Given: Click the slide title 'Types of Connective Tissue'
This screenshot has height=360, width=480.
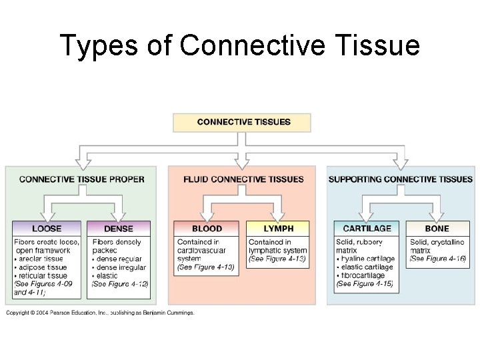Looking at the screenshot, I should click(240, 45).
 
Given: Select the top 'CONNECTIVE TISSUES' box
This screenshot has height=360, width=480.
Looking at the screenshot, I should click(242, 123).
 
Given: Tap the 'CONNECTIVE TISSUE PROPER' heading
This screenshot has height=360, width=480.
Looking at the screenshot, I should click(82, 179).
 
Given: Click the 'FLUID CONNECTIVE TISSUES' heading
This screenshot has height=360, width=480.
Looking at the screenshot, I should click(243, 179).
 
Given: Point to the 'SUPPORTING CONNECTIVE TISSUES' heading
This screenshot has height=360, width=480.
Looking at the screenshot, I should click(400, 179).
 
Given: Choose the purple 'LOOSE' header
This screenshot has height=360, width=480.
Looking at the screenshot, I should click(46, 229).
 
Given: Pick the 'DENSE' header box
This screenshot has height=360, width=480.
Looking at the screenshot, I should click(119, 229).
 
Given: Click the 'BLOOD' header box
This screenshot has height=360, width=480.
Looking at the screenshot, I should click(207, 229).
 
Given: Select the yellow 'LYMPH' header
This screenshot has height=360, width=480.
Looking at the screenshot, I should click(278, 229).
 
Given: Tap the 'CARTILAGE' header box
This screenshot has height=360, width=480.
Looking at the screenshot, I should click(367, 229).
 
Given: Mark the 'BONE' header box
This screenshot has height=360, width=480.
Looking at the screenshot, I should click(437, 229).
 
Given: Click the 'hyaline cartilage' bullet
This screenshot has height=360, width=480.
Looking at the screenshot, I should click(369, 259).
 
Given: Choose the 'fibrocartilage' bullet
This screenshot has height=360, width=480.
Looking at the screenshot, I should click(365, 275).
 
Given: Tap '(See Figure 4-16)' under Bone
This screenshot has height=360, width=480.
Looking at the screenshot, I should click(437, 259).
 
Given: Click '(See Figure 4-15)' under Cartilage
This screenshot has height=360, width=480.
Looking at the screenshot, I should click(365, 284).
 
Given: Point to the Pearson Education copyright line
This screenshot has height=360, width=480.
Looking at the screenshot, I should click(101, 313).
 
